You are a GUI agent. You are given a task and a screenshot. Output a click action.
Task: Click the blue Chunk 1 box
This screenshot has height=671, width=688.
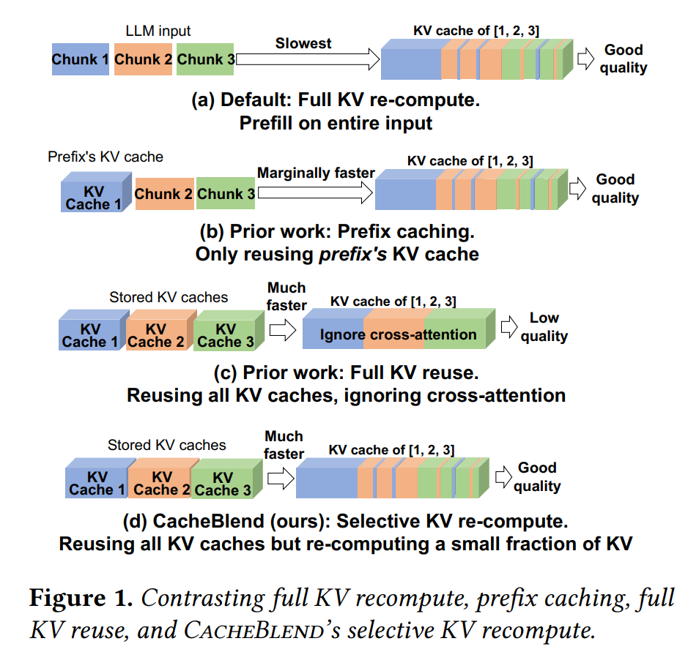click(x=81, y=59)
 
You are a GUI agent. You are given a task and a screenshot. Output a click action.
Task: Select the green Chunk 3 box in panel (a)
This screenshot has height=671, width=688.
click(x=205, y=59)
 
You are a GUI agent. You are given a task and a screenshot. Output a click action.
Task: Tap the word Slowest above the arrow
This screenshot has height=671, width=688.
click(x=303, y=43)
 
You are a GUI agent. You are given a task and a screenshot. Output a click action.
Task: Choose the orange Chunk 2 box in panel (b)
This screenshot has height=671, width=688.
click(x=164, y=194)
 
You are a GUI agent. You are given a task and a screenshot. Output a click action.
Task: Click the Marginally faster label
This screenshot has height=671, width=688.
click(x=316, y=173)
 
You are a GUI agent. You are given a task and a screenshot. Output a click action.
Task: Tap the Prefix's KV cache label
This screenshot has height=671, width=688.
click(x=106, y=157)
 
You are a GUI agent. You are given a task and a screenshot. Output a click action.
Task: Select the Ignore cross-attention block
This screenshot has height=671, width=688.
click(x=398, y=334)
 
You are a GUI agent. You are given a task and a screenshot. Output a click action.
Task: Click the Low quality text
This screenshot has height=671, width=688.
click(x=544, y=327)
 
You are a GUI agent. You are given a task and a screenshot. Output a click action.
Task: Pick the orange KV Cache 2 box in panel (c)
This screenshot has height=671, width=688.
click(x=156, y=335)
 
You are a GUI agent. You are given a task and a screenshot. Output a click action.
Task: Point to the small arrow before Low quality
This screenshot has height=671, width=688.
click(x=509, y=328)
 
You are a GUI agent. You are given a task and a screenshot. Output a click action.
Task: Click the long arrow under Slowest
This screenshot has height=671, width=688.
click(x=308, y=59)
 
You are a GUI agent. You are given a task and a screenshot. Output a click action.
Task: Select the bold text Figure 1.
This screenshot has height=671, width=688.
click(x=81, y=599)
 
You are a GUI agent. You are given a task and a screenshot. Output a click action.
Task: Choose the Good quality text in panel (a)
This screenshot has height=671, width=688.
click(x=624, y=59)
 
